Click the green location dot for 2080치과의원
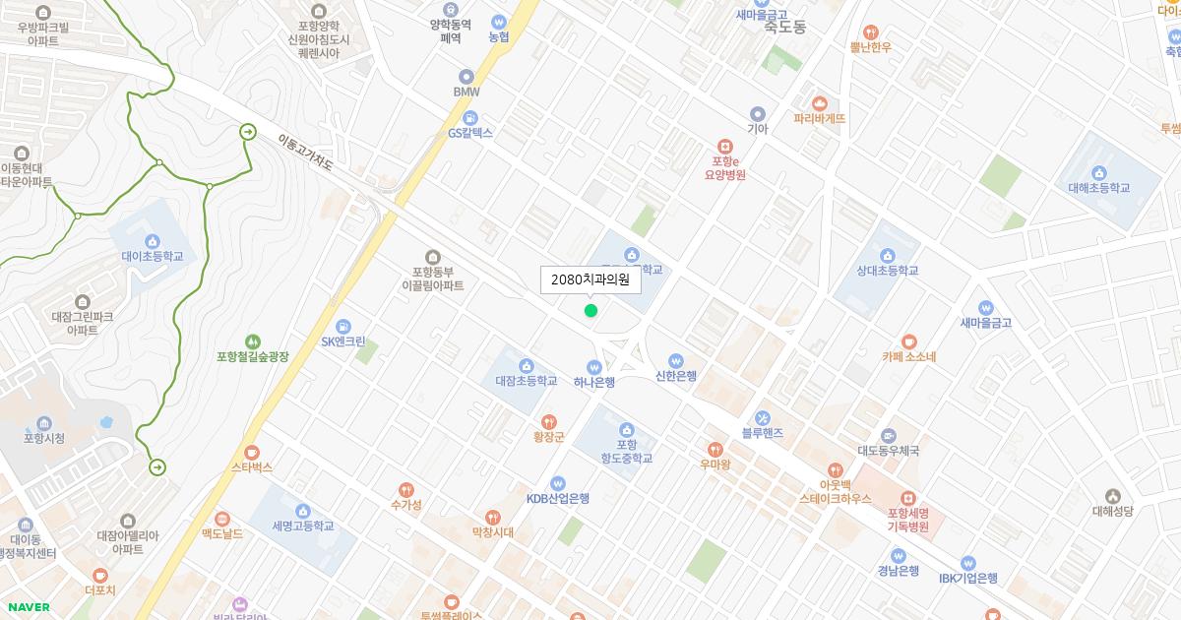590,311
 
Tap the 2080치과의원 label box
590,279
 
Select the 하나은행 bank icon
594,367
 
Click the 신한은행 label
675,376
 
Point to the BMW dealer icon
466,76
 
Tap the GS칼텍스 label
470,133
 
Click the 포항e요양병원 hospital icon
725,146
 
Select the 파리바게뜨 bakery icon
820,102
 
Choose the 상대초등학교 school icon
887,254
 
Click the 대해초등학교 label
1098,188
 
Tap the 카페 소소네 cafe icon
908,341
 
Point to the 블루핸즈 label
762,433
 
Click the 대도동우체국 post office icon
889,436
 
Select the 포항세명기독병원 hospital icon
907,498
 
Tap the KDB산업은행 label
557,499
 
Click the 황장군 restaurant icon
548,422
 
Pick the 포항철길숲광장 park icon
253,341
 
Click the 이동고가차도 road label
305,155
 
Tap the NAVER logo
28,607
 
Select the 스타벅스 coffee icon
252,452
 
